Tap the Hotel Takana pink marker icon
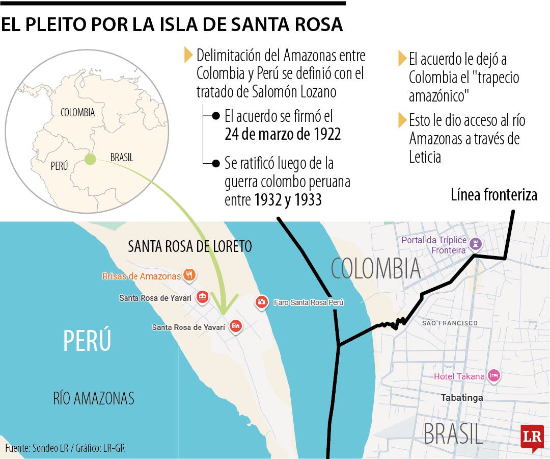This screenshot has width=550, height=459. pos(493,376)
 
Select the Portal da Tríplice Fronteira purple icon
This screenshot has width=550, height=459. pos(477,244)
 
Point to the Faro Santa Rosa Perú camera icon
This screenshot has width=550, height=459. pos(261,302)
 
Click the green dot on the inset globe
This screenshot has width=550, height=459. pos(90,159)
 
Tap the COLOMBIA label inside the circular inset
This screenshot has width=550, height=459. pos(77,113)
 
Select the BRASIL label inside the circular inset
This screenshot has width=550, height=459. pos(122,158)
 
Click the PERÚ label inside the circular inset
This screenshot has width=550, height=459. pos(59,166)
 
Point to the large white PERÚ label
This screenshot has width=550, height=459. pos(87,341)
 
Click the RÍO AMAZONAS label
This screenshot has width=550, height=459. pos(94,398)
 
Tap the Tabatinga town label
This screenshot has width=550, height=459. pos(462,397)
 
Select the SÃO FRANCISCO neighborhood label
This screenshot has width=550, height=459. pos(450,323)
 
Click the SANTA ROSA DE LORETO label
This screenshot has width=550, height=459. pos(190,247)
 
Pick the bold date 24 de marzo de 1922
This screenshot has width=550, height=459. pos(283,134)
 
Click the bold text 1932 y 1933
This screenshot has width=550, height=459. pos(288,200)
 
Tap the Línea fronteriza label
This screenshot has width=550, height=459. pos(494,195)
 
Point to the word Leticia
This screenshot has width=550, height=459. pos(425,157)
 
